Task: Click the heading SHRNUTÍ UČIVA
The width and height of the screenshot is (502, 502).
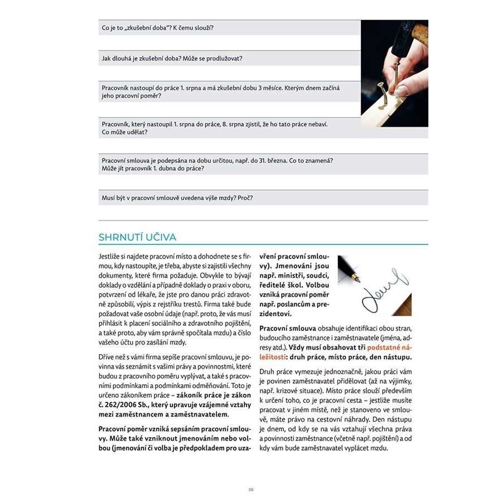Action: click(137, 237)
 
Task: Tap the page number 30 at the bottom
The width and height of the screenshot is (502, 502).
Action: click(251, 490)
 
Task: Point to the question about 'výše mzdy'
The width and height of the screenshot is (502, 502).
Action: click(177, 197)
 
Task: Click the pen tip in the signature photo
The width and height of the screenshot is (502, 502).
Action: click(357, 279)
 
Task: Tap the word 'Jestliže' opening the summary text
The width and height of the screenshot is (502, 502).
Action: click(110, 255)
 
